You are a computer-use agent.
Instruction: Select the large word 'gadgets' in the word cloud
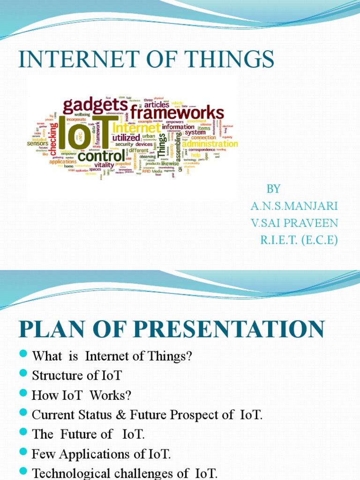(96, 106)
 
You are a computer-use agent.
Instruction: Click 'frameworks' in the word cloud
(177, 112)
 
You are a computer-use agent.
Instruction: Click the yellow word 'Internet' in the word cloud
(137, 127)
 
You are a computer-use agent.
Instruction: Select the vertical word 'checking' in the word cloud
(54, 139)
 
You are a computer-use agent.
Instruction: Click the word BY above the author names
(273, 189)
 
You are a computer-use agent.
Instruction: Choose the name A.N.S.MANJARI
(294, 206)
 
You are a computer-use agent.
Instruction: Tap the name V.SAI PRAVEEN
(294, 223)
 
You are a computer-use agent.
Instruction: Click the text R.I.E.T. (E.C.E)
(299, 240)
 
